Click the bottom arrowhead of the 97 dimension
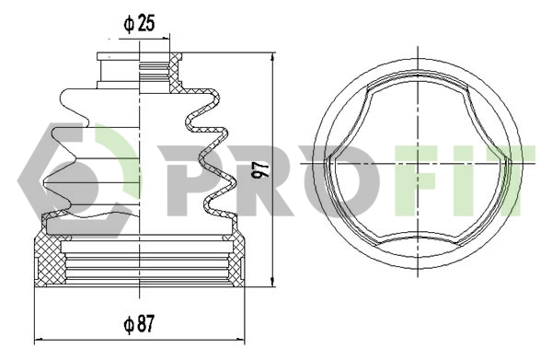coord(273,284)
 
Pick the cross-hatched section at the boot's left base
coord(46,262)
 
